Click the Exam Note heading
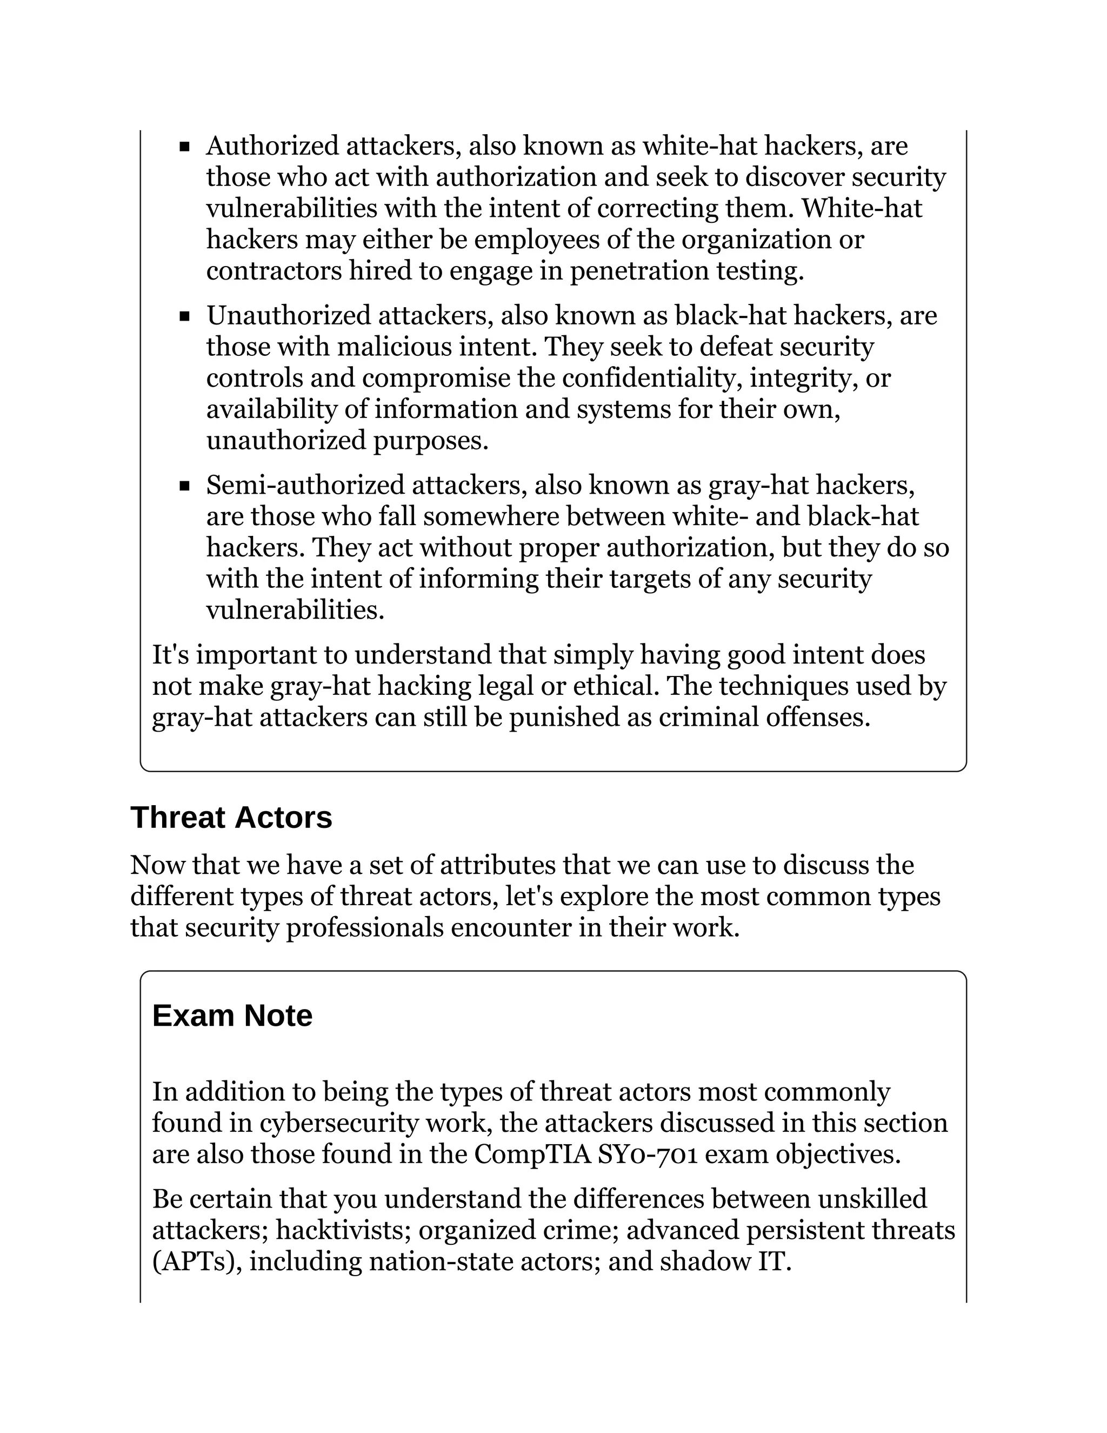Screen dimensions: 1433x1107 coord(232,1016)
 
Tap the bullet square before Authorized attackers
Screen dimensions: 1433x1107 coord(184,147)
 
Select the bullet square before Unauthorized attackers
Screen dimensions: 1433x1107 coord(184,317)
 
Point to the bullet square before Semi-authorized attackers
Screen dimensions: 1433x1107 coord(184,486)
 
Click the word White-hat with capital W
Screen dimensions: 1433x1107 coord(862,209)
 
